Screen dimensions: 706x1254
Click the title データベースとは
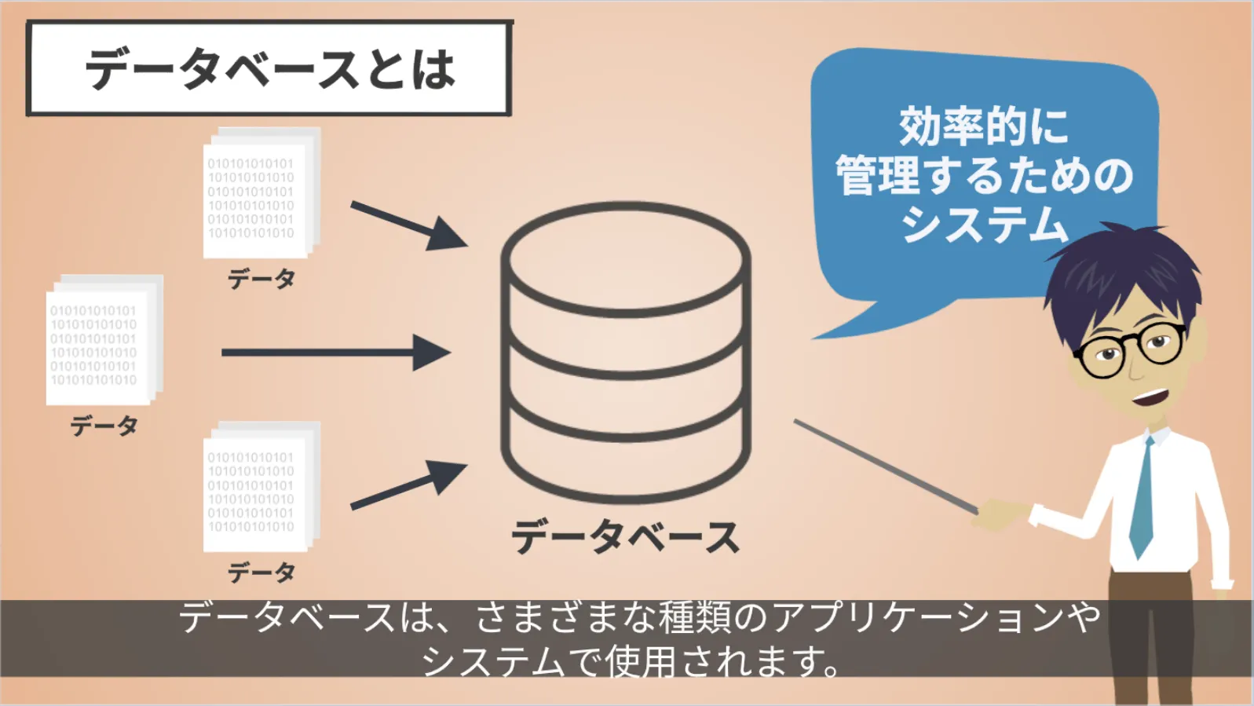(x=269, y=69)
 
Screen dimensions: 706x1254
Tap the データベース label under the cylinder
(x=625, y=537)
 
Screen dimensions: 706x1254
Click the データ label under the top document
(x=261, y=279)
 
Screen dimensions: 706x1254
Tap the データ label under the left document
(x=104, y=426)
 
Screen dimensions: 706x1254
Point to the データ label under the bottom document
(x=261, y=572)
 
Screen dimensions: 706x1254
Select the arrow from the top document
(x=408, y=225)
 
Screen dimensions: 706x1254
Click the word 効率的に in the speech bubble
(x=984, y=126)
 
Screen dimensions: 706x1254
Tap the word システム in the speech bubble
(x=984, y=224)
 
